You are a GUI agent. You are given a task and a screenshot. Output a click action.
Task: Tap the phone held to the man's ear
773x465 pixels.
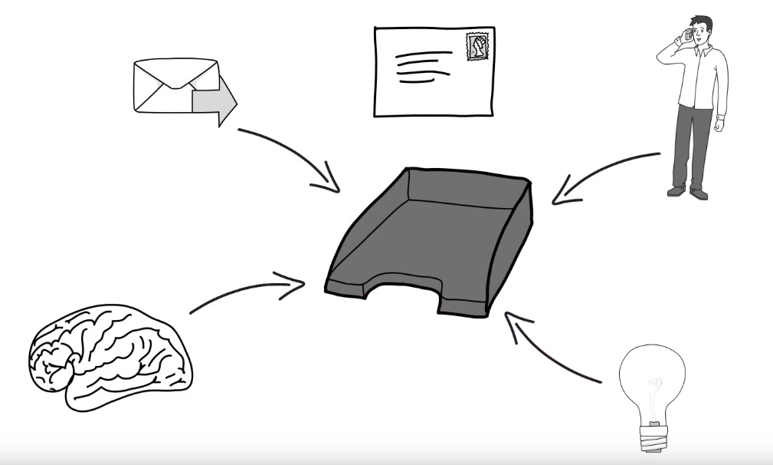(x=688, y=35)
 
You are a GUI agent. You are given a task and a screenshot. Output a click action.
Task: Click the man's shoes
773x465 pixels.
(x=686, y=192)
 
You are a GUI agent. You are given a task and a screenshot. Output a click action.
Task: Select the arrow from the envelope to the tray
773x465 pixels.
(x=291, y=157)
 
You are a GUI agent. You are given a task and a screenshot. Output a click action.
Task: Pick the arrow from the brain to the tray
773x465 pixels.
(x=245, y=292)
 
